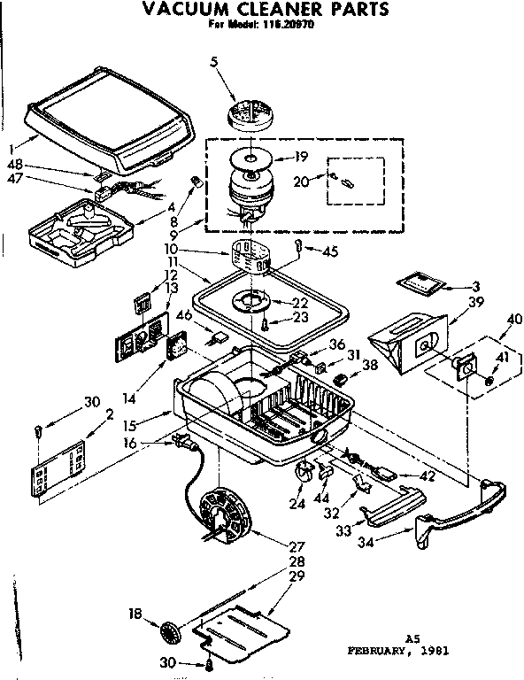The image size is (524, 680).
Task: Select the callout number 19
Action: [x=301, y=158]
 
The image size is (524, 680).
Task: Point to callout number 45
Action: [x=331, y=251]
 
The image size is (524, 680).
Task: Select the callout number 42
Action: [x=428, y=475]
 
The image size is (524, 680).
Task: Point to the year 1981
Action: [x=434, y=649]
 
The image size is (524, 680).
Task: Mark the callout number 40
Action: [x=512, y=319]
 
